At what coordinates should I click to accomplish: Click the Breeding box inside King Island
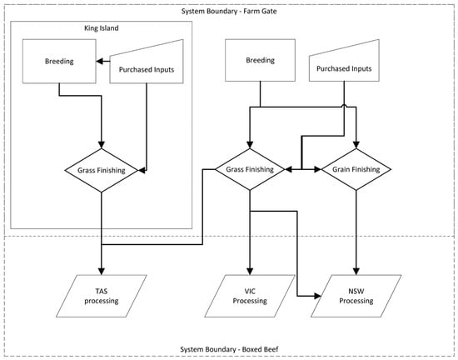pos(59,62)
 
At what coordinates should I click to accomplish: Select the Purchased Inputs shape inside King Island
pos(147,64)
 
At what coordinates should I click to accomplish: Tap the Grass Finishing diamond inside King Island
pos(102,170)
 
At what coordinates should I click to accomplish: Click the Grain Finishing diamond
pos(356,169)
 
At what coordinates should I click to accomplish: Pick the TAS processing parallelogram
pos(102,296)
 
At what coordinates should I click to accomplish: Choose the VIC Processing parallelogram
pos(250,296)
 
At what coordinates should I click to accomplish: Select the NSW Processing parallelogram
pos(356,296)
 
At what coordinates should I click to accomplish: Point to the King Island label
pos(102,28)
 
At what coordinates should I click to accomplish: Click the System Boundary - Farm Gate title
pos(229,12)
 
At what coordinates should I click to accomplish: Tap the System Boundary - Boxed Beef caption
pos(229,349)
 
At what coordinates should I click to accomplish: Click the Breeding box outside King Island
pos(261,60)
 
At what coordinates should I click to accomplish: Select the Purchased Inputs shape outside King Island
pos(344,62)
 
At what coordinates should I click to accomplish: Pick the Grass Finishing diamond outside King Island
pos(250,169)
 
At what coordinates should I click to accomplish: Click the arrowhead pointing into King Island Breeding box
pos(100,62)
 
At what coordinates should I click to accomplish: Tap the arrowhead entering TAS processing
pos(102,271)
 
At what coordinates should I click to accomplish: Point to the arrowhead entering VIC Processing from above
pos(250,271)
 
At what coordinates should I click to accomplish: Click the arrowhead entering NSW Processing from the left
pos(318,296)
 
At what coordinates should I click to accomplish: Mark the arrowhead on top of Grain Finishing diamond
pos(356,145)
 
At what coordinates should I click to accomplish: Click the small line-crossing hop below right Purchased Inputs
pos(344,106)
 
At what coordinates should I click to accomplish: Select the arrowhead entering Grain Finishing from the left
pos(318,169)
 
